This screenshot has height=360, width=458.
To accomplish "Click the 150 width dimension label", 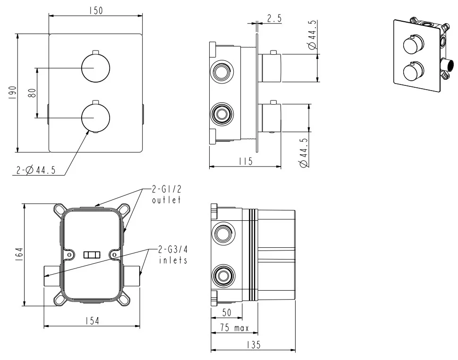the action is pos(96,10).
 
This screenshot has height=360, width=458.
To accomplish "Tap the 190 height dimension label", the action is pos(13,93).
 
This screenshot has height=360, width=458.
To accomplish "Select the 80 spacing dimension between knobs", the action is pos(33,93).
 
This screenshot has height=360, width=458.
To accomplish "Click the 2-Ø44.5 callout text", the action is pos(36,170).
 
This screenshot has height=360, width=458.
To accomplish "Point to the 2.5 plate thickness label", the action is pos(275,18).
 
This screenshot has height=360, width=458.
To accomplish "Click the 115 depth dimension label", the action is pos(246,161).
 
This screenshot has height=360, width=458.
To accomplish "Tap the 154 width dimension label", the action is pos(92,321).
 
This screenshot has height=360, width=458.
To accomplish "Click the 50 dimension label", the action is pos(227,312).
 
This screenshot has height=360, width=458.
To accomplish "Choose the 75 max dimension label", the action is pos(235,328).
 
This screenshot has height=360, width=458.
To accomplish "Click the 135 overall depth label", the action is pos(254,345).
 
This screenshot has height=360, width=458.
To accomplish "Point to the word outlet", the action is pos(167,200).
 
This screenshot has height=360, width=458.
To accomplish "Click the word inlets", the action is pos(173,260).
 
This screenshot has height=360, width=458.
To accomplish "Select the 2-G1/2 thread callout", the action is pos(167,189).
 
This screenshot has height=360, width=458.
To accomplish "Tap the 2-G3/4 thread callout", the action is pos(173,249).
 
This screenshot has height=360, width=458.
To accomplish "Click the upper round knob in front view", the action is pos(95,68).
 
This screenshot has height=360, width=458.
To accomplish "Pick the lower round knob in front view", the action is pos(95,118).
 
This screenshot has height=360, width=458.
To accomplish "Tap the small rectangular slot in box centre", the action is pos(92,255).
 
